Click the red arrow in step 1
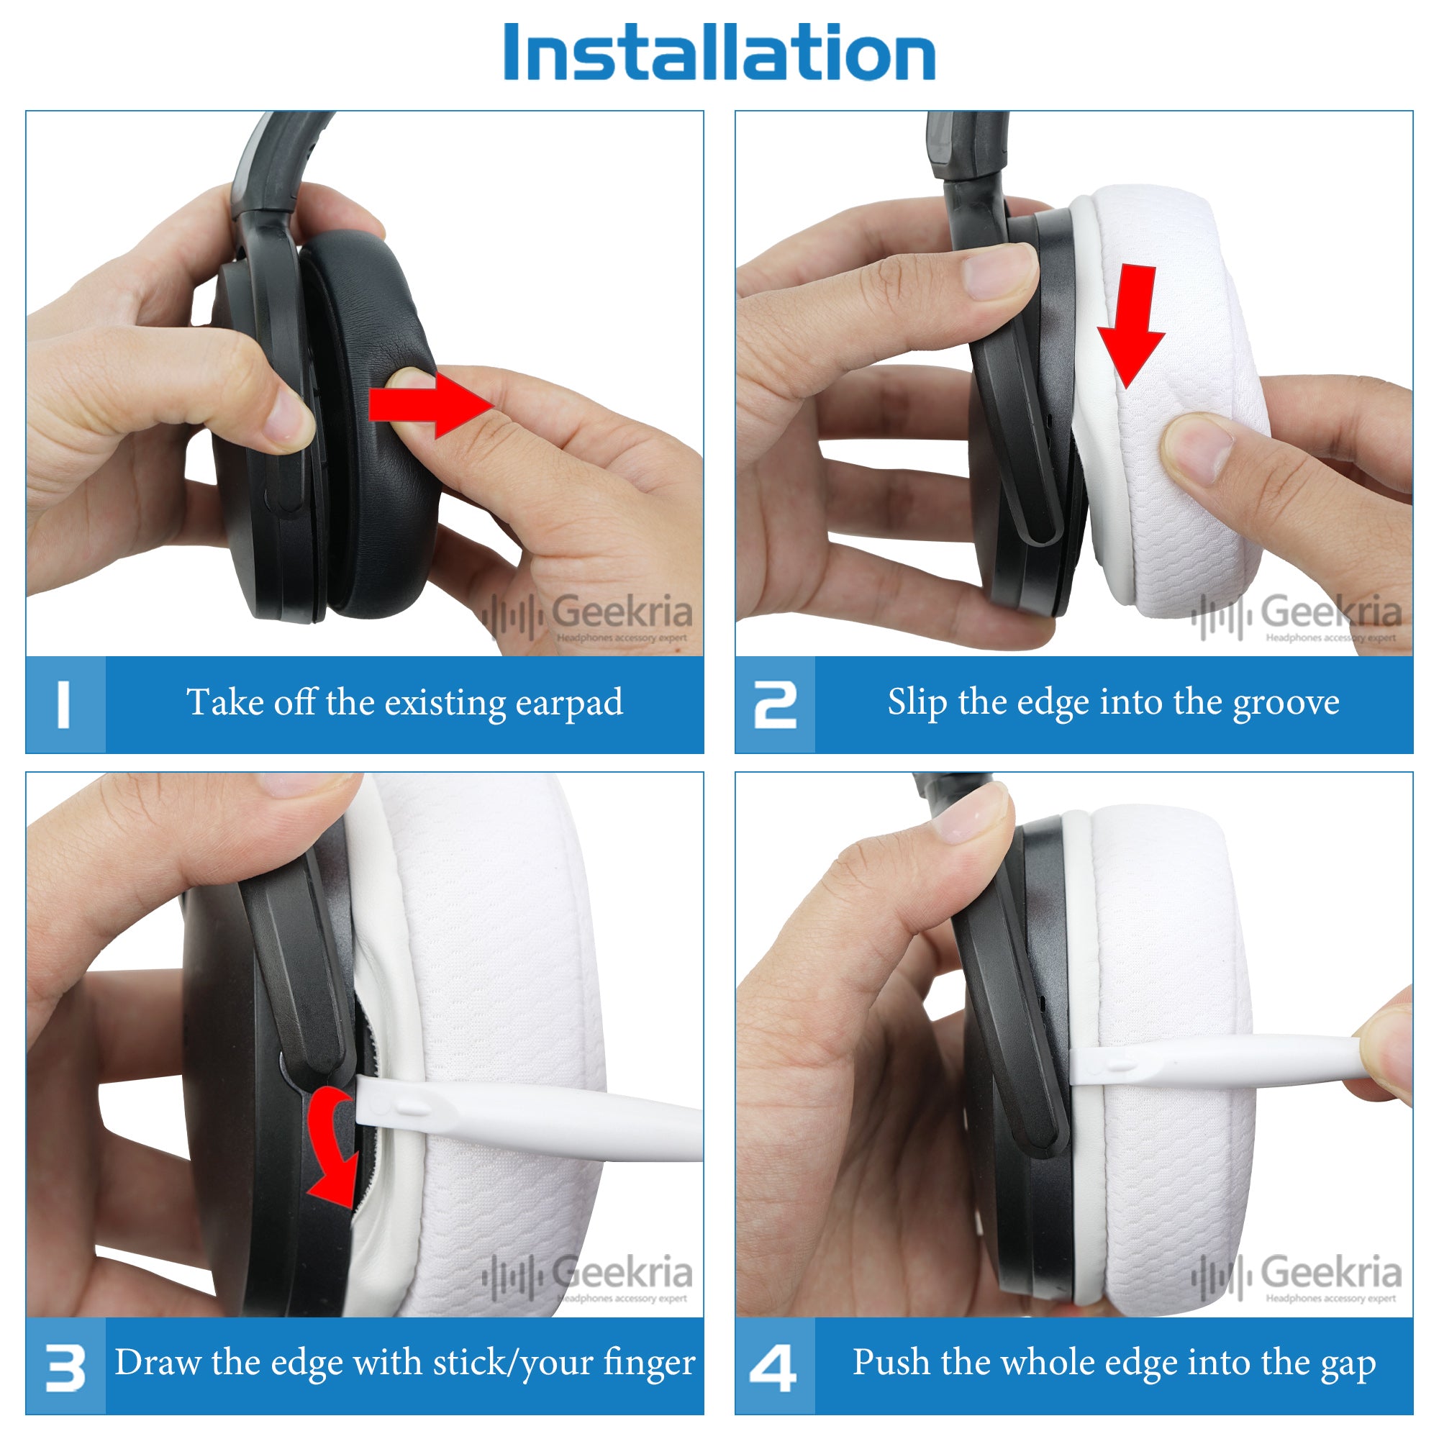tap(430, 406)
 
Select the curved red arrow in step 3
tap(333, 1147)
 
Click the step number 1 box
tap(65, 704)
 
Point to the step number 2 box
tap(775, 704)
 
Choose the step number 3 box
tap(65, 1366)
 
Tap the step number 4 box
tap(775, 1366)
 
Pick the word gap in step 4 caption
tap(1349, 1366)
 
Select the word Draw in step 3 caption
tap(158, 1363)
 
